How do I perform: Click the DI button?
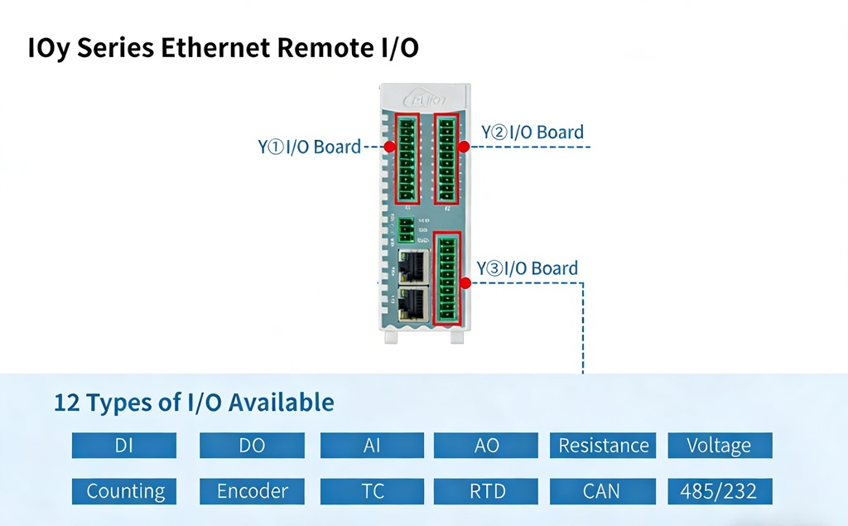[124, 446]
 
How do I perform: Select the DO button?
[252, 446]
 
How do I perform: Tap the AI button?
[372, 446]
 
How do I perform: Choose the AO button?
[486, 446]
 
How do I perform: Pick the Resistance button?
[603, 446]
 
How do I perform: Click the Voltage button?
[719, 446]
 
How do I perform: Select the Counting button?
[124, 491]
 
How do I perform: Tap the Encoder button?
[252, 491]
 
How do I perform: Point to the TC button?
[372, 491]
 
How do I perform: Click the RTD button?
[486, 491]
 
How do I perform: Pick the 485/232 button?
[719, 491]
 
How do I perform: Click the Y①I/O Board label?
[309, 147]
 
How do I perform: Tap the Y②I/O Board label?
[532, 133]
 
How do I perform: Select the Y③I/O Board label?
[527, 268]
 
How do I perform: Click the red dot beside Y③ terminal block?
[465, 283]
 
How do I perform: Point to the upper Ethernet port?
[412, 265]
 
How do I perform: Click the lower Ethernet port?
[412, 304]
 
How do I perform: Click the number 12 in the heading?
[67, 403]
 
